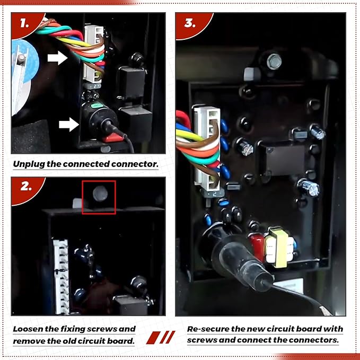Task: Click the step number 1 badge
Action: click(25, 24)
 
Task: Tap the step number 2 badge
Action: click(25, 188)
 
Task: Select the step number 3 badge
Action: click(190, 24)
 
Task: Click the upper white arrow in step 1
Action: click(57, 58)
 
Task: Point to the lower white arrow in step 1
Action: click(69, 125)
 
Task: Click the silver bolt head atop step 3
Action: click(274, 62)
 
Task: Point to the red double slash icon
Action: click(161, 337)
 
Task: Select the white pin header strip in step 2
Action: click(61, 277)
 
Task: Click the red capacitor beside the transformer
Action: click(257, 247)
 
